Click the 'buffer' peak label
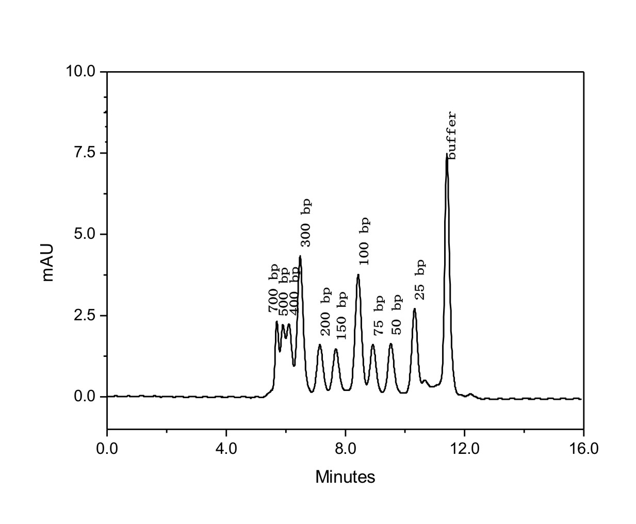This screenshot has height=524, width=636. pyautogui.click(x=452, y=136)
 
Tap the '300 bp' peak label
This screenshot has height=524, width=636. pyautogui.click(x=306, y=222)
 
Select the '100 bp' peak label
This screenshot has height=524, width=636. pyautogui.click(x=364, y=241)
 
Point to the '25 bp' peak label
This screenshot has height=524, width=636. pyautogui.click(x=420, y=280)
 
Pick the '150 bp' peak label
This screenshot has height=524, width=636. pyautogui.click(x=341, y=315)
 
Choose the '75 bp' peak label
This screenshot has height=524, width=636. pyautogui.click(x=379, y=315)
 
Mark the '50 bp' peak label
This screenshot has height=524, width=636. pyautogui.click(x=396, y=315)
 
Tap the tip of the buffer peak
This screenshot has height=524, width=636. pyautogui.click(x=447, y=154)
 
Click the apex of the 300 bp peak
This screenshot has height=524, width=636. pyautogui.click(x=300, y=256)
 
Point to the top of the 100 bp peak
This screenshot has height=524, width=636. pyautogui.click(x=358, y=275)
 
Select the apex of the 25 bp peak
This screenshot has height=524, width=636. pyautogui.click(x=414, y=309)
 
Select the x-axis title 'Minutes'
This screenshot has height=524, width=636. pyautogui.click(x=345, y=477)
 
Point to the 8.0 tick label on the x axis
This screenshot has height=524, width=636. pyautogui.click(x=345, y=448)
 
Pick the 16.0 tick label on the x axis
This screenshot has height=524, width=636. pyautogui.click(x=583, y=448)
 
